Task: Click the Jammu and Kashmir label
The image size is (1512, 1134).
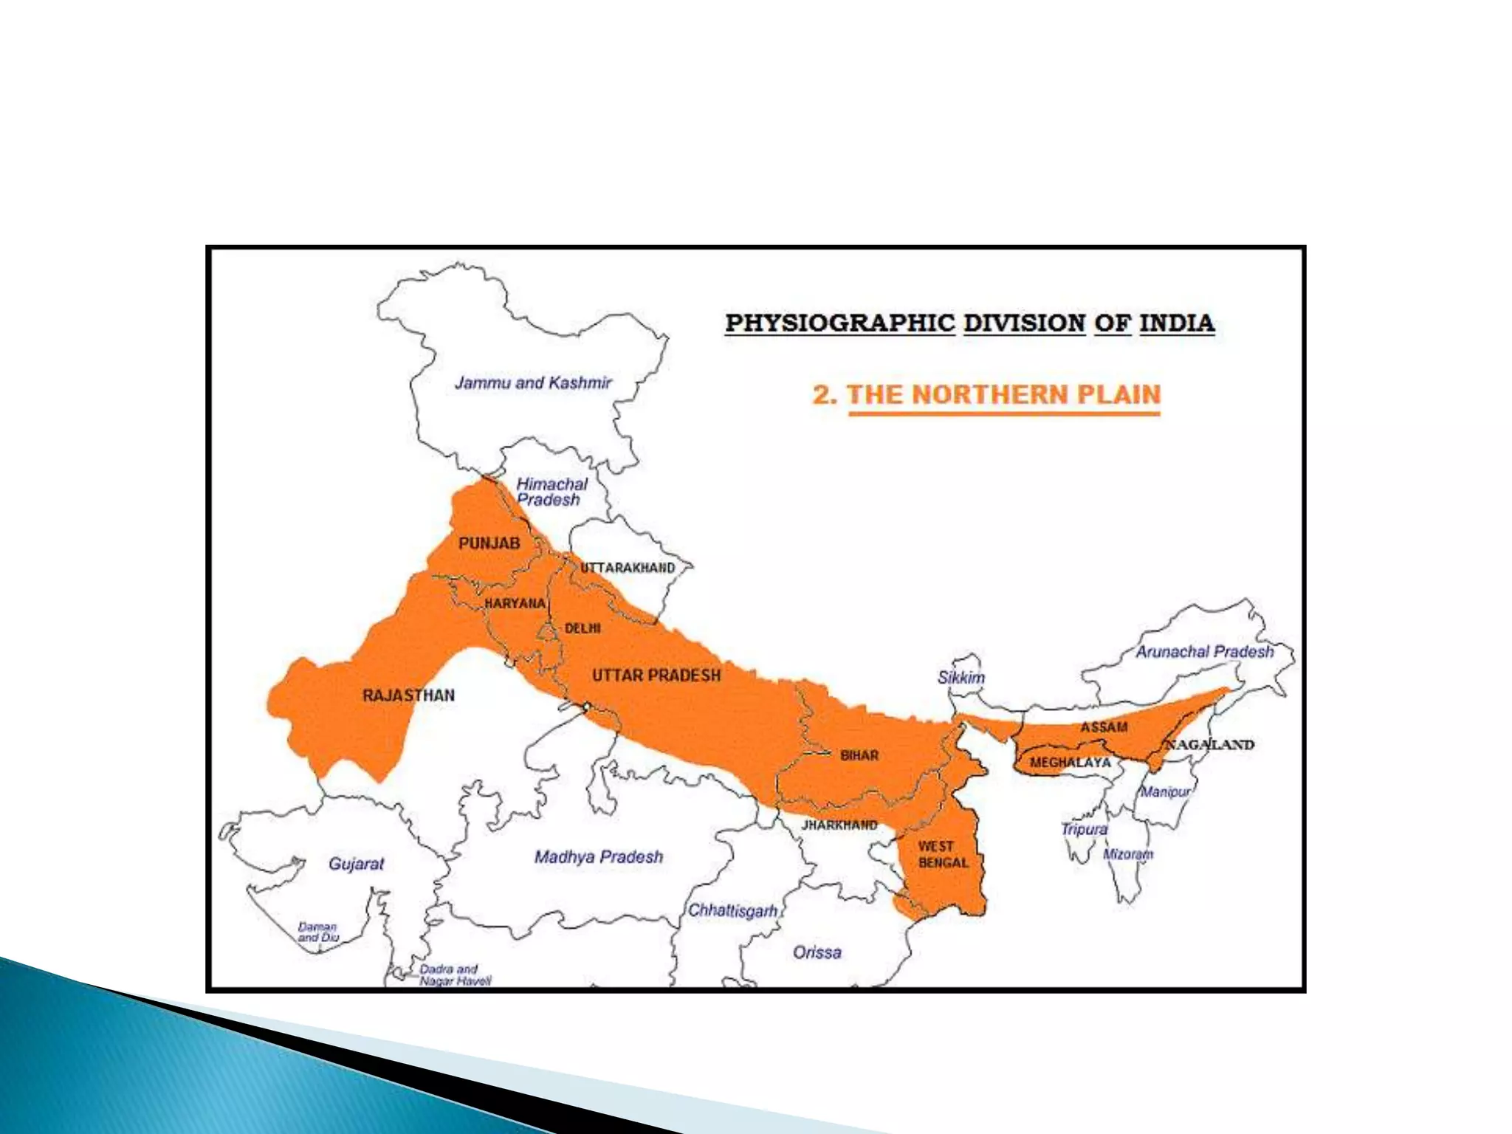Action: [533, 382]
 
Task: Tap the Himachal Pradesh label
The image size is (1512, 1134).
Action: [551, 492]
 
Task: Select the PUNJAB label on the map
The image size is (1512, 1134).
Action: [489, 543]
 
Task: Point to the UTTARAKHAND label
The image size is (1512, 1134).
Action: [628, 568]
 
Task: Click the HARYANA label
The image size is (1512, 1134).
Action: [515, 603]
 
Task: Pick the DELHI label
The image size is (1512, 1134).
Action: [583, 628]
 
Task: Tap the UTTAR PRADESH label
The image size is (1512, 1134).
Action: [656, 675]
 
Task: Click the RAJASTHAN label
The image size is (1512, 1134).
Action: [408, 695]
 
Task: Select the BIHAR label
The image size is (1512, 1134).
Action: [859, 755]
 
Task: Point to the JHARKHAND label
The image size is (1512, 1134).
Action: [839, 825]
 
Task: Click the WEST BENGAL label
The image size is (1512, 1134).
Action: [942, 854]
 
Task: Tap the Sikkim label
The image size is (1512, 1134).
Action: [961, 677]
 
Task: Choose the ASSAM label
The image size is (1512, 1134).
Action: [1104, 727]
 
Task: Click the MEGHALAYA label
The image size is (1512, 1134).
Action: [1070, 762]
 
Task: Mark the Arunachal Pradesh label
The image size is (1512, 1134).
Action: [1204, 652]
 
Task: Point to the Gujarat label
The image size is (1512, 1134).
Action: [356, 863]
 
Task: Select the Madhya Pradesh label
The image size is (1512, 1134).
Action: [598, 856]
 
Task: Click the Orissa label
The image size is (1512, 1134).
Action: [817, 952]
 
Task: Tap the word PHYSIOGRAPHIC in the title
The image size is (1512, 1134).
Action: [839, 323]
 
